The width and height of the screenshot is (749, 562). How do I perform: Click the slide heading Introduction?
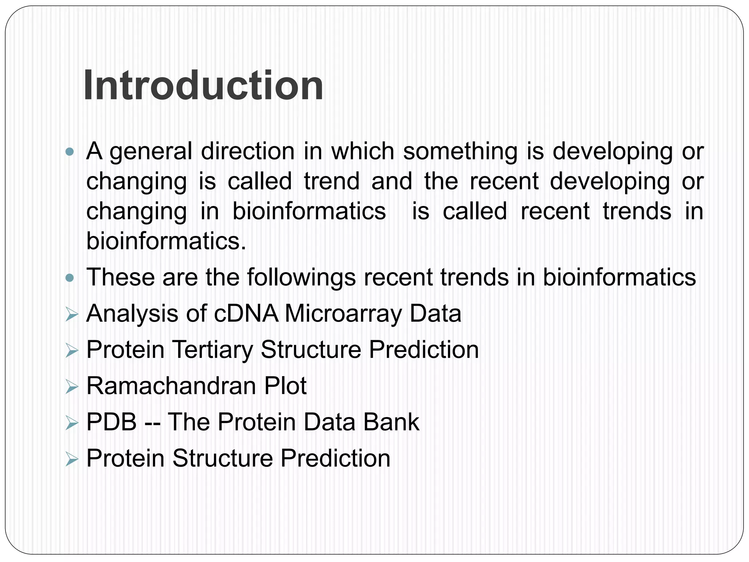pos(203,86)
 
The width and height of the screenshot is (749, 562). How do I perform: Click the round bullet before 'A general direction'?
pos(69,151)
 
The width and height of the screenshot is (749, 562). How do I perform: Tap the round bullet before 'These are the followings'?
pos(69,278)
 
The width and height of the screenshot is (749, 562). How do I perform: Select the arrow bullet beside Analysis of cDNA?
pos(72,315)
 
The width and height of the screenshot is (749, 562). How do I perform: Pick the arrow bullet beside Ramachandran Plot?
pos(72,387)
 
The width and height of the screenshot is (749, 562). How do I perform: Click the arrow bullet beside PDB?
pos(72,423)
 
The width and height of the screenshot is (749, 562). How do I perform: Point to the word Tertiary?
pos(212,350)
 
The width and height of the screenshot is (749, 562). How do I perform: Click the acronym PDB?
pos(111,422)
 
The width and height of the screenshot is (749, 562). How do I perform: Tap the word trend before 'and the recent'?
pos(332,181)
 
